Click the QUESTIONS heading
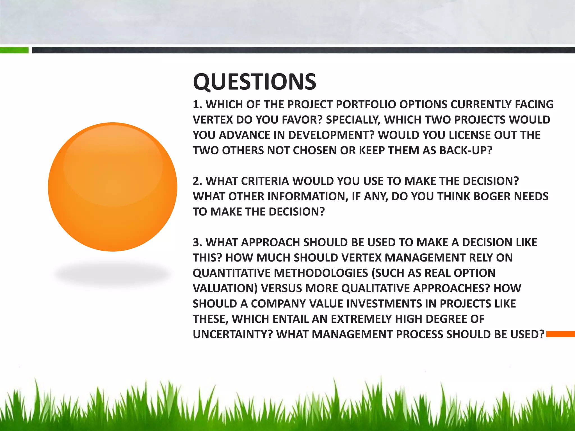click(x=254, y=82)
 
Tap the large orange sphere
click(x=112, y=187)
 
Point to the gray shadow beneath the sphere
click(x=112, y=273)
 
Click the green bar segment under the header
click(x=14, y=51)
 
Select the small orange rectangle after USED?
click(x=560, y=334)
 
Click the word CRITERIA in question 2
click(x=265, y=181)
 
